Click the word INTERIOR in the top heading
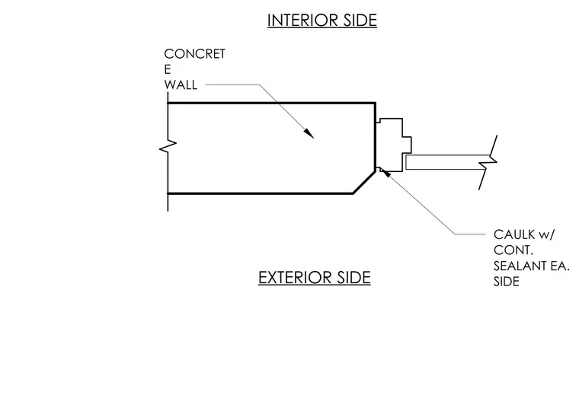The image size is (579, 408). [x=302, y=21]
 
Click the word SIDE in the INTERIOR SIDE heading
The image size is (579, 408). [x=360, y=21]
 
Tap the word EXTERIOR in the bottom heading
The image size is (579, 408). [x=295, y=278]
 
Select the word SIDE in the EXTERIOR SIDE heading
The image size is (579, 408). [x=353, y=278]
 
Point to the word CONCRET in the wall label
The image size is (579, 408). [x=194, y=54]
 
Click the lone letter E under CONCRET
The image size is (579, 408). [x=168, y=69]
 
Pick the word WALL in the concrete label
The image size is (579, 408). [x=181, y=84]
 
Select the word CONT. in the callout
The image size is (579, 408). [x=513, y=250]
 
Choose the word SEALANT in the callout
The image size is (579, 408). [x=520, y=266]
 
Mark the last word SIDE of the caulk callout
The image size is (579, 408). [x=507, y=282]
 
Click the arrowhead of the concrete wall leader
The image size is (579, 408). [x=309, y=133]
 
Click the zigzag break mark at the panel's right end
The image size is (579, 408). [x=488, y=162]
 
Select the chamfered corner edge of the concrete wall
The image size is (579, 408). [x=364, y=182]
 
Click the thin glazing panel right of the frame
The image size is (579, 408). [x=447, y=162]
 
